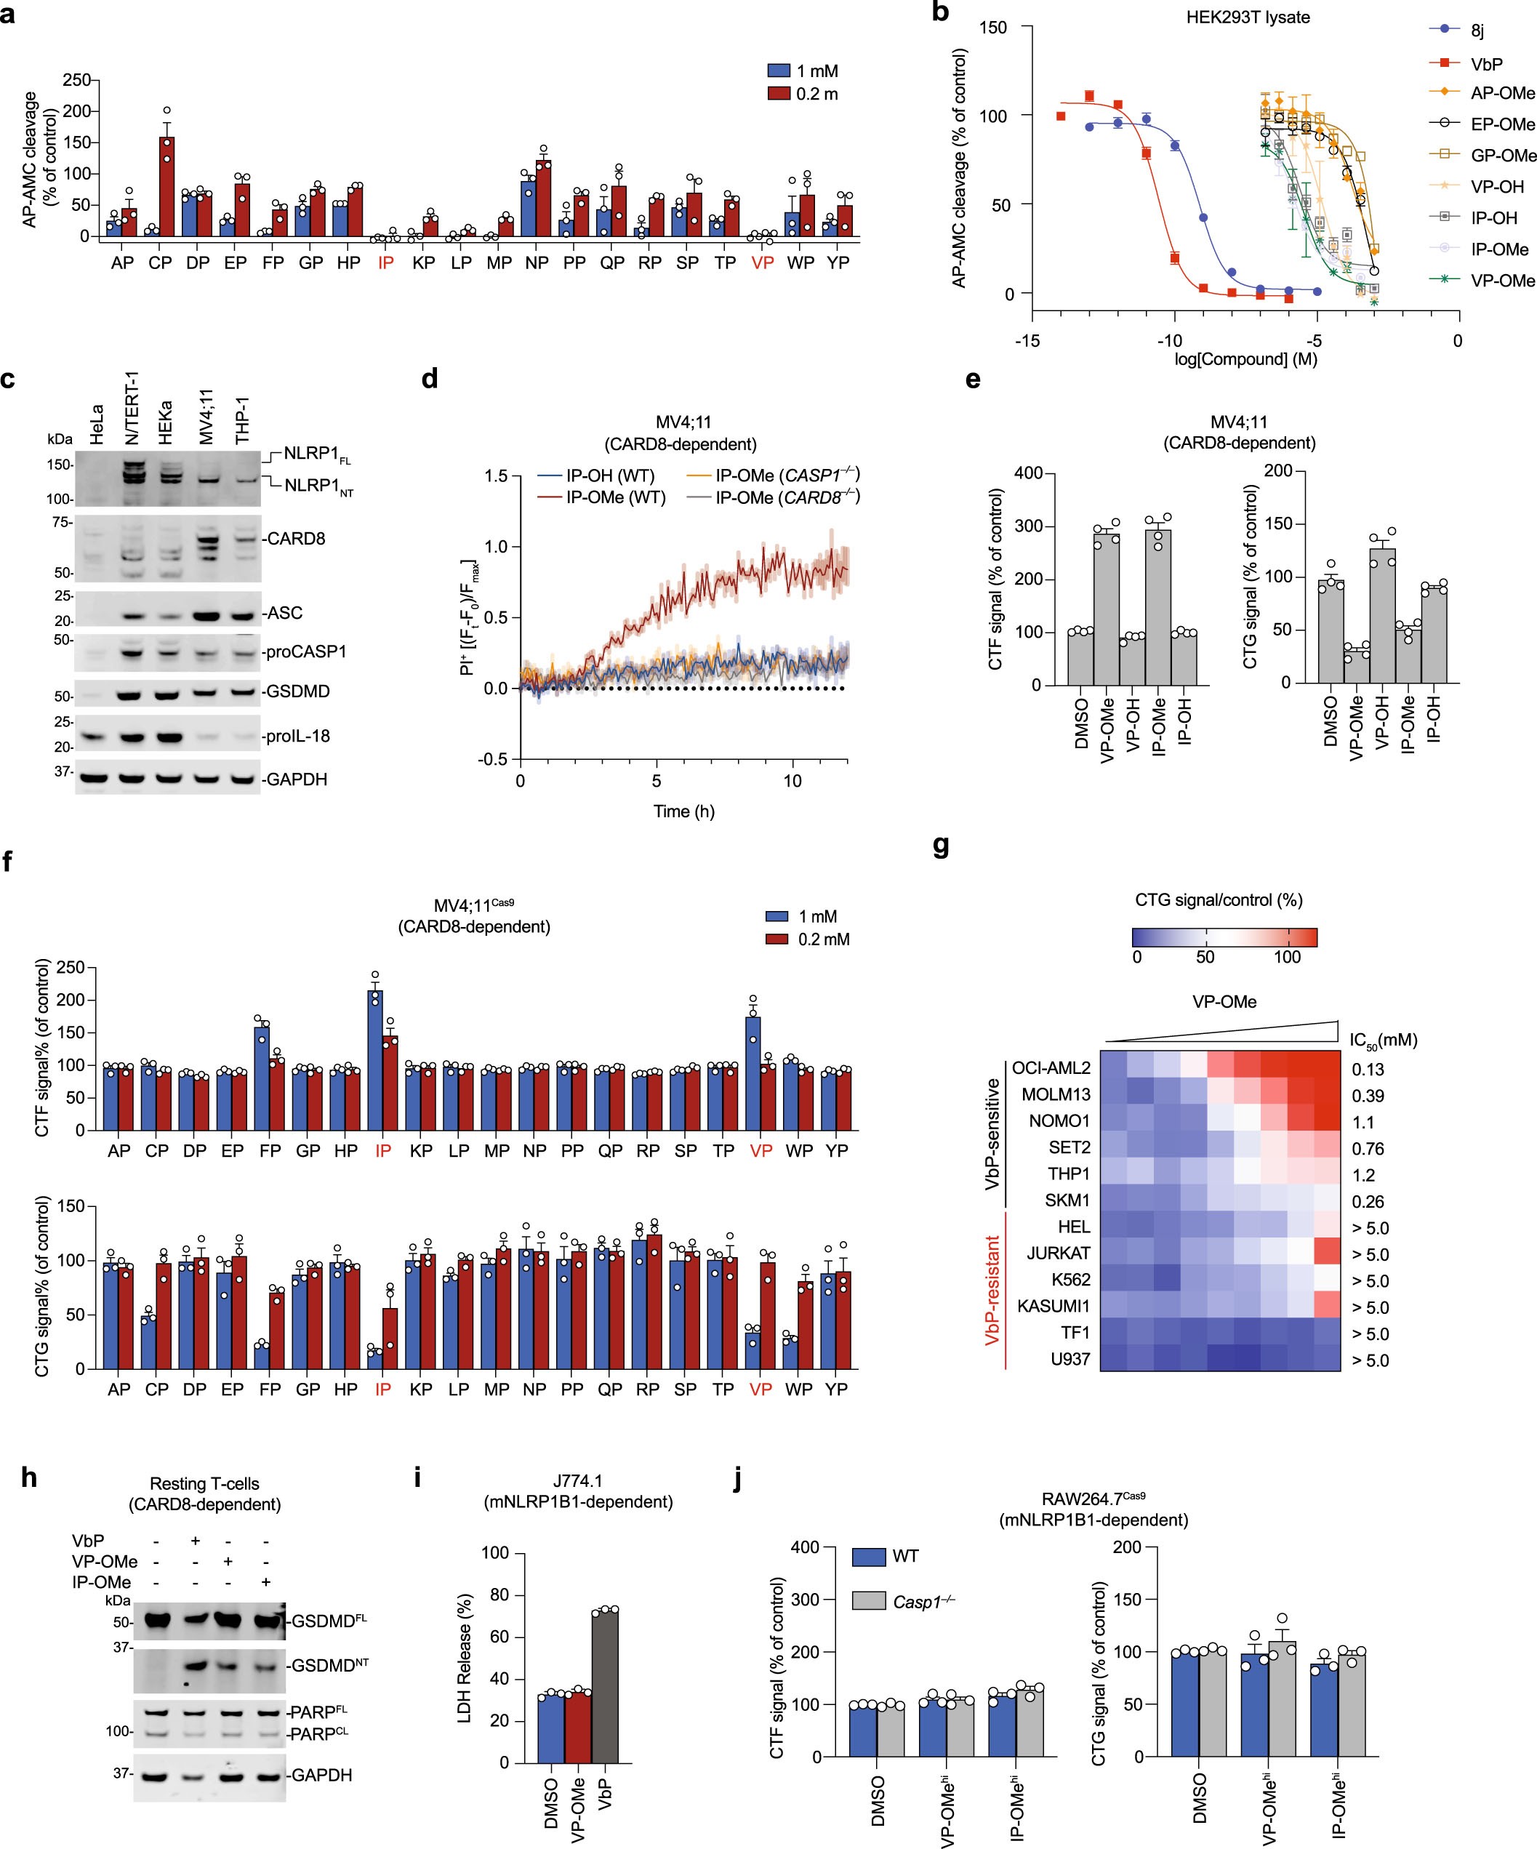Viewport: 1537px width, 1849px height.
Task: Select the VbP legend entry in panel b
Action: pyautogui.click(x=1486, y=63)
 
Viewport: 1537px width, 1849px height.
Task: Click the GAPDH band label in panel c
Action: pyautogui.click(x=296, y=779)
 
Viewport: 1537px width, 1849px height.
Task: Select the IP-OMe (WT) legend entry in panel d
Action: pyautogui.click(x=615, y=497)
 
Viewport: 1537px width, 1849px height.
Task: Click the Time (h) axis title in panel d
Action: pyautogui.click(x=683, y=811)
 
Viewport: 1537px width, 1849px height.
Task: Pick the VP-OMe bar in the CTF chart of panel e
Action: pyautogui.click(x=1107, y=608)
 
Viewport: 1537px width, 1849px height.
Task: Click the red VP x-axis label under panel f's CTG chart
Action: pyautogui.click(x=760, y=1389)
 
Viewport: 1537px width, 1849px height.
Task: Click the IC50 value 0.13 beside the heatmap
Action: pyautogui.click(x=1367, y=1070)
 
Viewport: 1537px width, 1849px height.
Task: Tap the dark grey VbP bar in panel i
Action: pyautogui.click(x=605, y=1685)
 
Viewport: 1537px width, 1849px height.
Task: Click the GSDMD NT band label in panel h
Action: pyautogui.click(x=330, y=1665)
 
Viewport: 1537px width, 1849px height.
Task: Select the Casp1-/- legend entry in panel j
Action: pyautogui.click(x=923, y=1602)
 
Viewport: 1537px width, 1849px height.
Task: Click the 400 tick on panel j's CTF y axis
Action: pyautogui.click(x=830, y=1547)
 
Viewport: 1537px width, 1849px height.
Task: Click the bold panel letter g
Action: pyautogui.click(x=940, y=847)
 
